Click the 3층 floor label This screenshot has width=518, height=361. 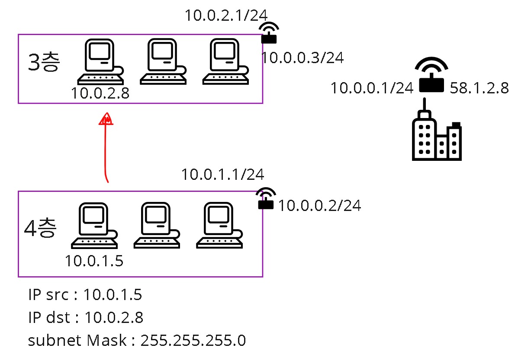(43, 63)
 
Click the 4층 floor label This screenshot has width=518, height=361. (40, 228)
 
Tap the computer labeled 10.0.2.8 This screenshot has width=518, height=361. (100, 61)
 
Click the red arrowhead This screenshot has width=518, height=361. (106, 119)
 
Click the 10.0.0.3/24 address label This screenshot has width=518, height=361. (302, 58)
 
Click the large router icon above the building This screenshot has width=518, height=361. (431, 75)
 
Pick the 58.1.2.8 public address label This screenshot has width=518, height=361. (479, 89)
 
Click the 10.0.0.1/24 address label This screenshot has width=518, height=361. (372, 89)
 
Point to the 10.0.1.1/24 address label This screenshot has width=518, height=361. (222, 175)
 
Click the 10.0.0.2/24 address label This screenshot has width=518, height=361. (319, 206)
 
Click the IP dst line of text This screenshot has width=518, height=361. (85, 318)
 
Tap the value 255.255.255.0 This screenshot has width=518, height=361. (193, 341)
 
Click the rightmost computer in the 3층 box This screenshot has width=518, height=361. (225, 61)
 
